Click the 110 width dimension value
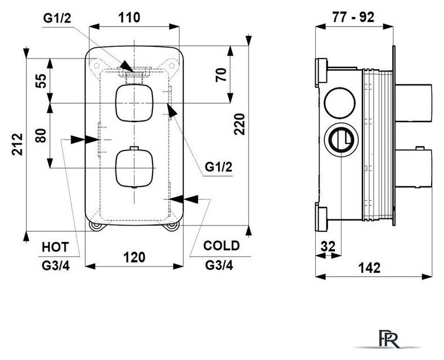pos(129,17)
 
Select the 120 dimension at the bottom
pos(134,257)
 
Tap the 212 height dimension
pos(17,144)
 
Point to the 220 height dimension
pos(240,124)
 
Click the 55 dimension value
pos(41,81)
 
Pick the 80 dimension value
pos(41,136)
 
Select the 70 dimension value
pos(221,75)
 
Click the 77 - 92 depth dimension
pos(353,17)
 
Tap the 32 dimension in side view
pos(328,246)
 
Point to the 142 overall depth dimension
pos(369,267)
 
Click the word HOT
pos(55,247)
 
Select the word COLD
pos(221,246)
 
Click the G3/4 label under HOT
pos(56,265)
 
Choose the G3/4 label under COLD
pos(219,265)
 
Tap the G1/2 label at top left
pos(57,18)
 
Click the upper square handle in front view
pos(134,103)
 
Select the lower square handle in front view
pos(134,169)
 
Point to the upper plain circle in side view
pos(339,103)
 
